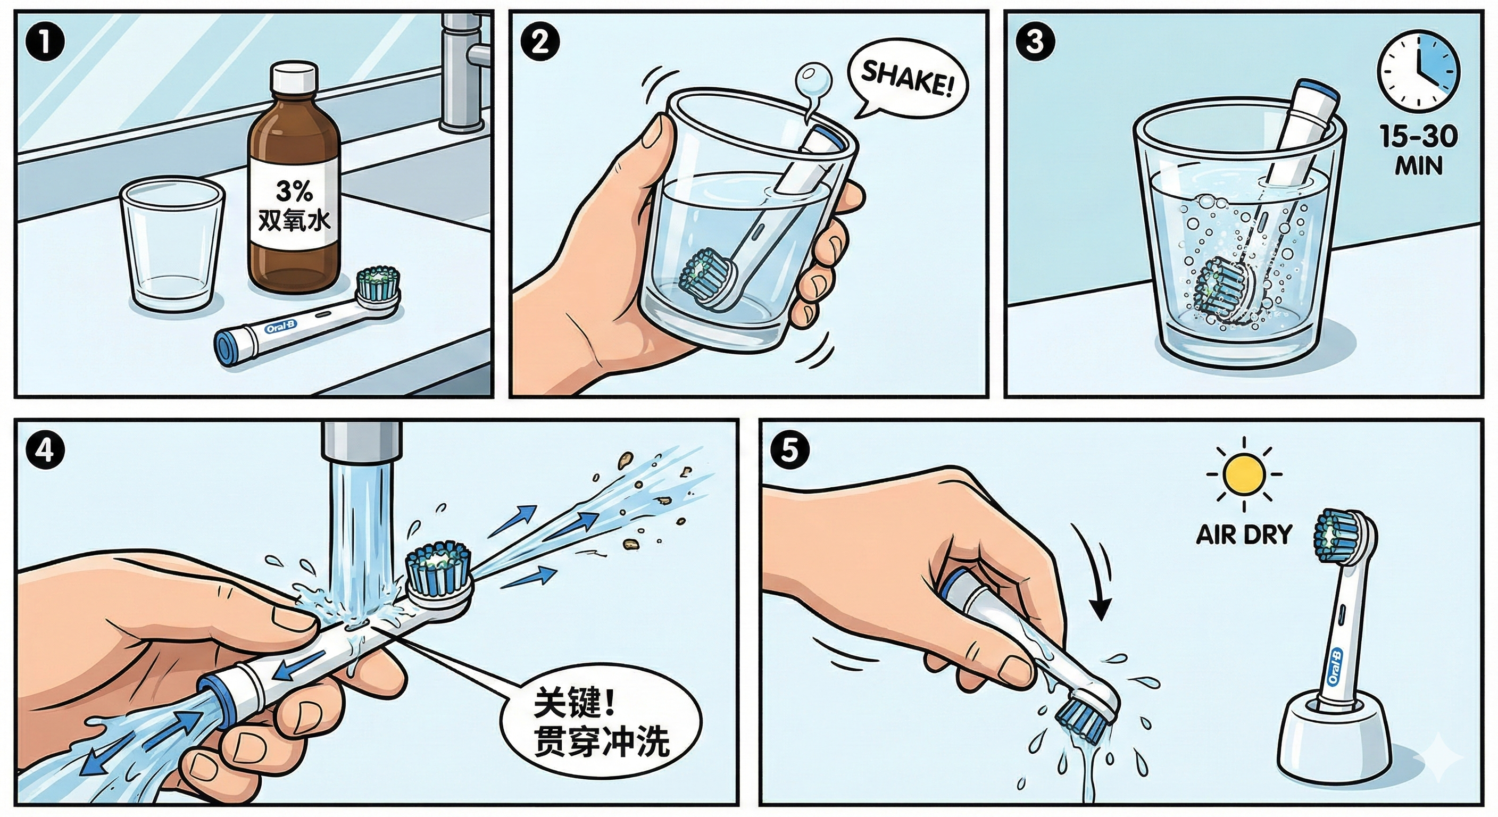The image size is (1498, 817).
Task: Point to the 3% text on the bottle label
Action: coord(294,190)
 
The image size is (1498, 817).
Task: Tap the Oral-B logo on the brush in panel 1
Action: coord(281,327)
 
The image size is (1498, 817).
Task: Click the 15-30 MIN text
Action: coord(1419,151)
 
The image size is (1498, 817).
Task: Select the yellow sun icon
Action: coord(1244,473)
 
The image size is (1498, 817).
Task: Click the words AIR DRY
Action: coord(1243,535)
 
